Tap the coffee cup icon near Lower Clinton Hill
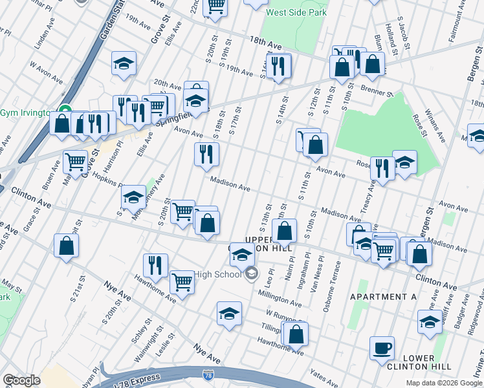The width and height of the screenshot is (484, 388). pyautogui.click(x=382, y=348)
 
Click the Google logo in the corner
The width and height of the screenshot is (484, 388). pyautogui.click(x=21, y=380)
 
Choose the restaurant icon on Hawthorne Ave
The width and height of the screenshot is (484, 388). pyautogui.click(x=155, y=264)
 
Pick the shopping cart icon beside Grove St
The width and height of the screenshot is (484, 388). pyautogui.click(x=75, y=161)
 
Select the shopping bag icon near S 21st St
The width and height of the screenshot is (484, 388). pyautogui.click(x=66, y=246)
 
